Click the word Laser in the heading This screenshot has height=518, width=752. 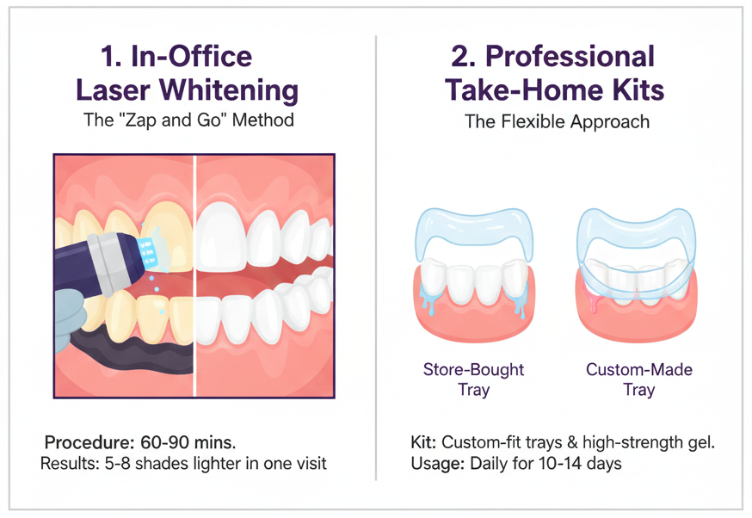pyautogui.click(x=119, y=89)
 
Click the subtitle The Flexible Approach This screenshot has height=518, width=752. pyautogui.click(x=557, y=121)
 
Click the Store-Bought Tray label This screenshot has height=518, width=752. pyautogui.click(x=473, y=379)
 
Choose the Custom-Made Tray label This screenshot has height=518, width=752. pyautogui.click(x=639, y=379)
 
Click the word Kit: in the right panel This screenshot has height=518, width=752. pyautogui.click(x=424, y=442)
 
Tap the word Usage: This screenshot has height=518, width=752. pyautogui.click(x=437, y=464)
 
